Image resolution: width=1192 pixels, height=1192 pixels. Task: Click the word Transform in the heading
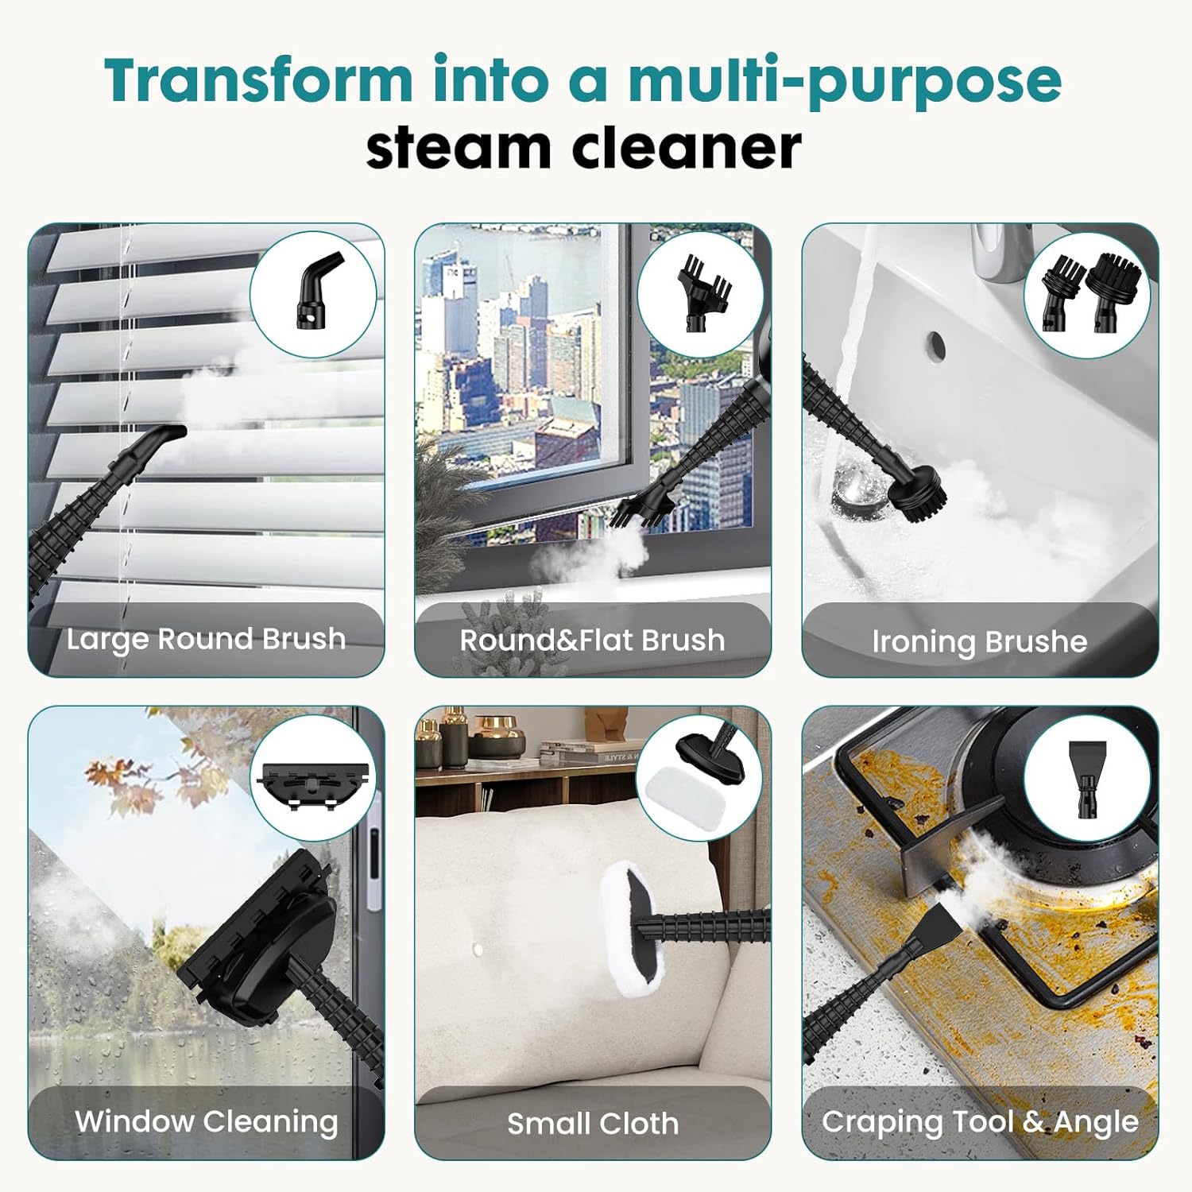coord(258,81)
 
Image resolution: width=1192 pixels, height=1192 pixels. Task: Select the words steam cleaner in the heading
coord(583,149)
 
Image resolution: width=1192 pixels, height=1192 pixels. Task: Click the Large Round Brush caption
coord(206,639)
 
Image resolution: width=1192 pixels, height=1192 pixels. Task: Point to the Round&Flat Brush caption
coord(592,641)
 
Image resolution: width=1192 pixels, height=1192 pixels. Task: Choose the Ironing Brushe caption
coord(979,641)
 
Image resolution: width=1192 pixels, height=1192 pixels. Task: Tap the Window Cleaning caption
coord(206,1121)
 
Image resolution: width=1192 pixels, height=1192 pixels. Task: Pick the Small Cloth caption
coord(593,1124)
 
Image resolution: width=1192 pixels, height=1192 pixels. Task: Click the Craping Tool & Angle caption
coord(980,1121)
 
